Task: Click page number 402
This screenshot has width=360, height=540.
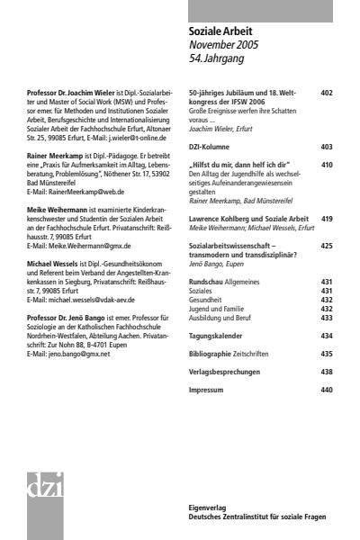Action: pos(327,93)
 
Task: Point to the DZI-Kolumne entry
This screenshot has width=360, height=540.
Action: pos(216,146)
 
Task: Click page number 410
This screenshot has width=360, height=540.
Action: pos(327,166)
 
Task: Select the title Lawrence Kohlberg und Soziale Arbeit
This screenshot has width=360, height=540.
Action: pos(248,218)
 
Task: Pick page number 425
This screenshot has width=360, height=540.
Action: pos(327,245)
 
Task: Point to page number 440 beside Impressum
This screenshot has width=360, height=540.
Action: pos(327,390)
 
